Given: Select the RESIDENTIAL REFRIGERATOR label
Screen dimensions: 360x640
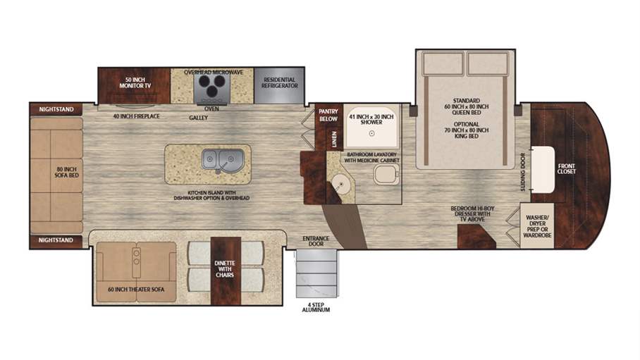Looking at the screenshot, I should (x=279, y=82).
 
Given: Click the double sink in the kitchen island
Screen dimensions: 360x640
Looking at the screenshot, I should (x=221, y=159).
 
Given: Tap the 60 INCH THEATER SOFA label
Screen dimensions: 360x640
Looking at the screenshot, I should (x=134, y=290).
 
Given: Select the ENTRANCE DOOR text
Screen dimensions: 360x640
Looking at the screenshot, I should (x=316, y=242).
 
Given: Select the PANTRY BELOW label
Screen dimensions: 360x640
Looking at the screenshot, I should (x=328, y=114).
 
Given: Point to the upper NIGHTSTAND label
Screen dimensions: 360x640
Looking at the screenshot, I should (x=56, y=110).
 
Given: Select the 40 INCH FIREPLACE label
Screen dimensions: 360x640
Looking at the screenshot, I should (x=135, y=116).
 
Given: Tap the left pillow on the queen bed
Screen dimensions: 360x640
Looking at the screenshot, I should (x=441, y=66).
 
